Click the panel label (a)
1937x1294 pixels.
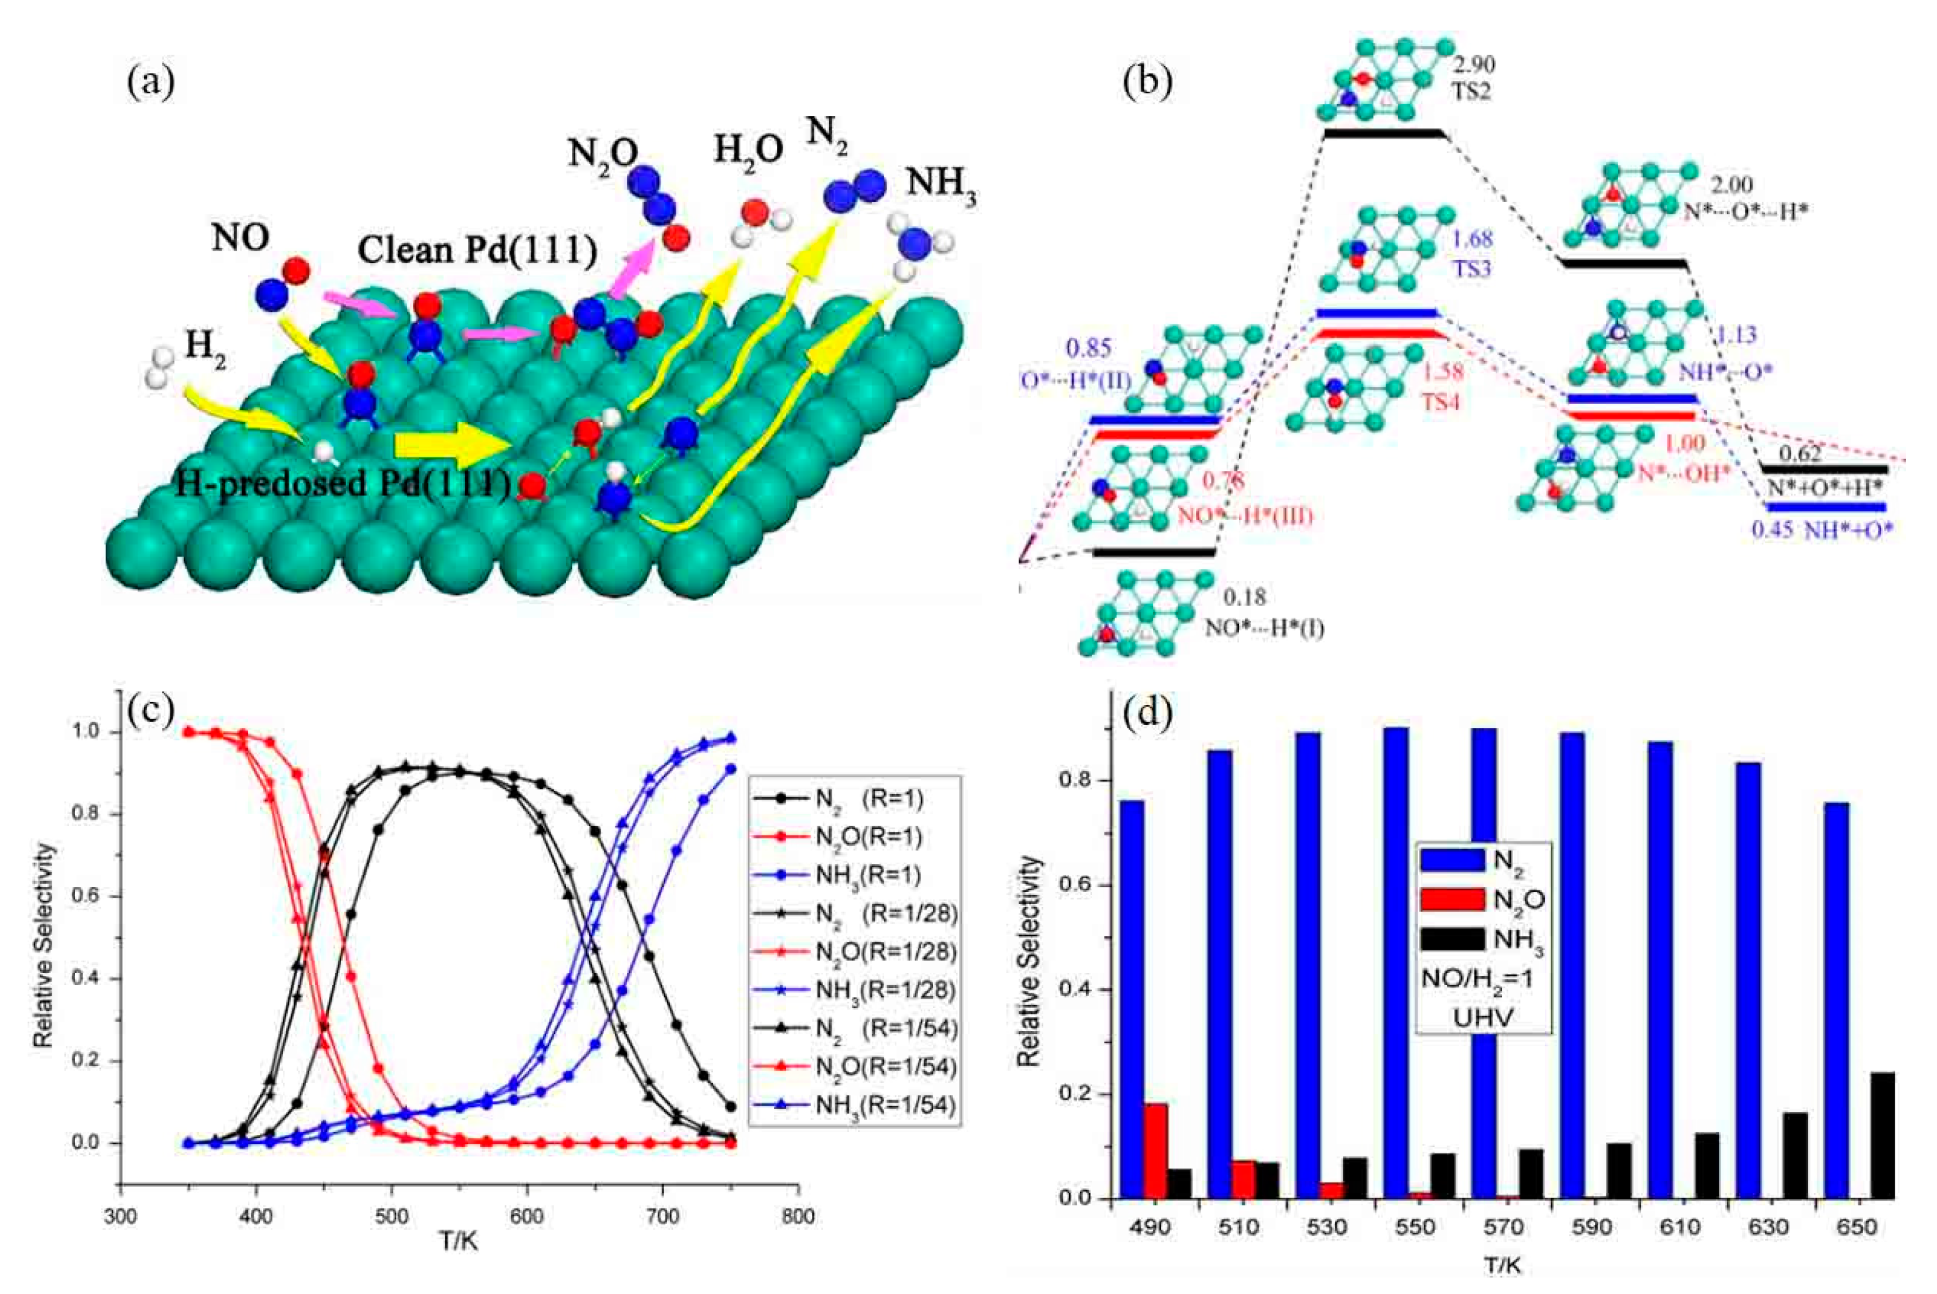coord(150,83)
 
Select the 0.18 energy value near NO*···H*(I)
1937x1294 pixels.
coord(1244,597)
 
